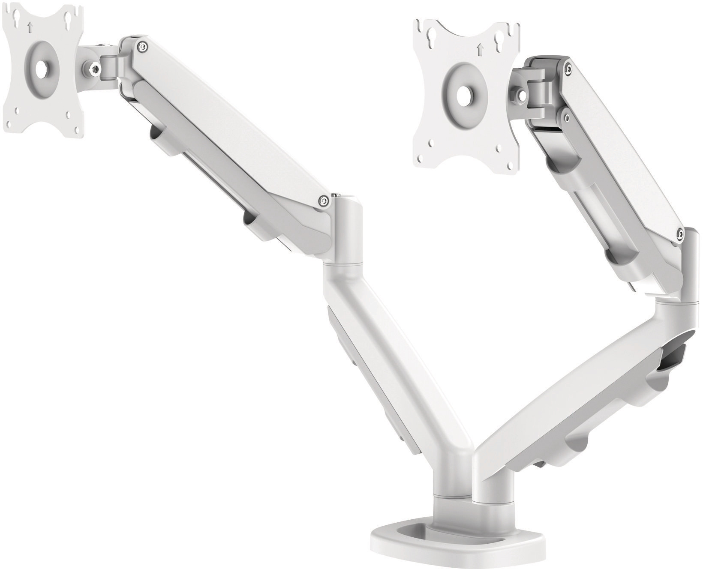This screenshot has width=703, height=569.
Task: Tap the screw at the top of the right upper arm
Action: [568, 67]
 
